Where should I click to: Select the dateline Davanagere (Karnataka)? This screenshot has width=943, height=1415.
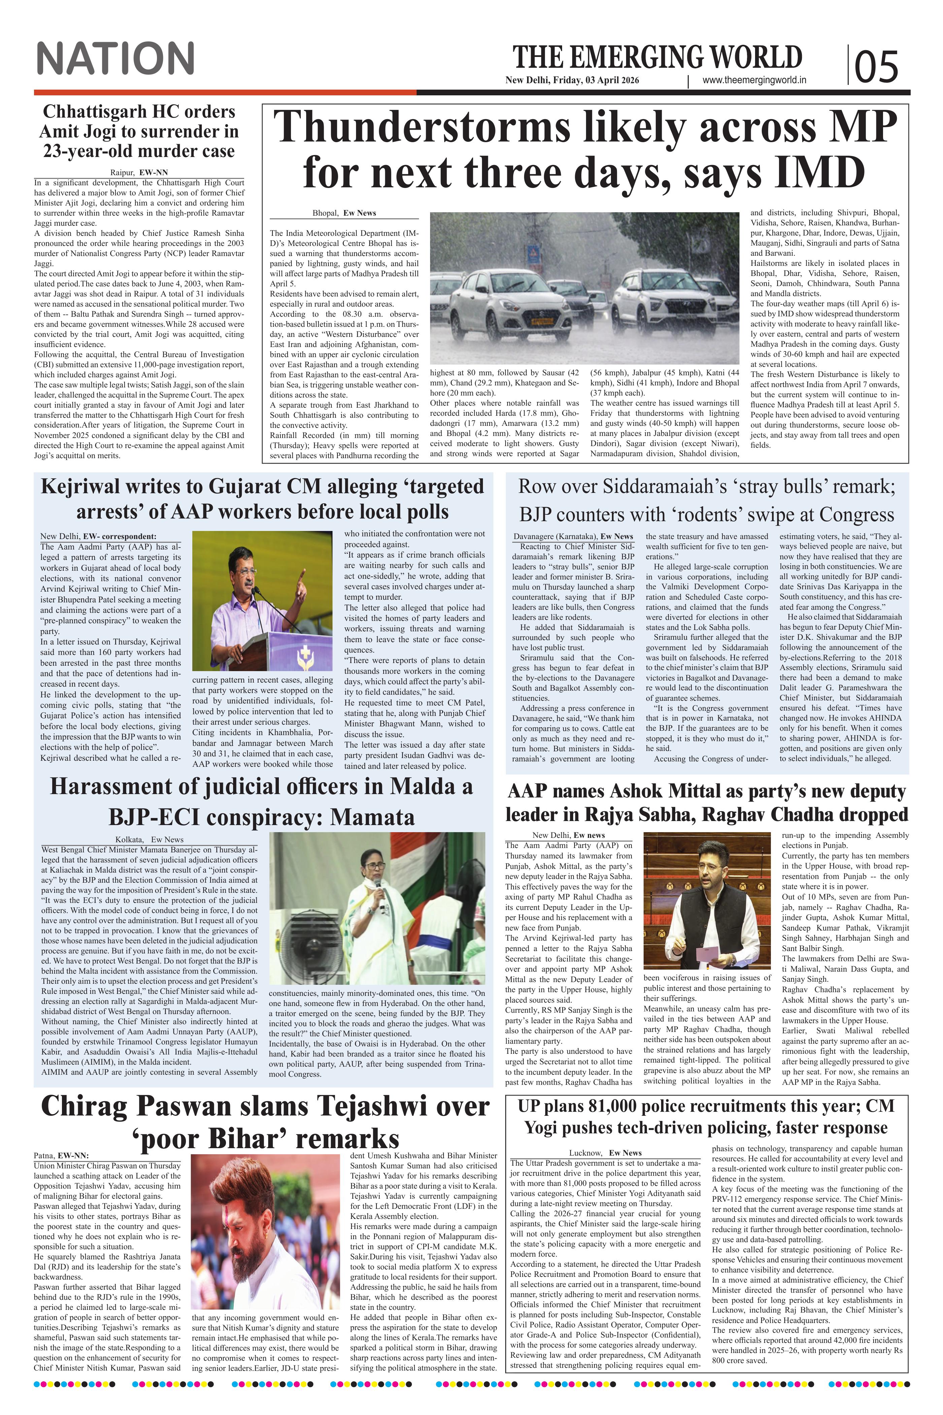554,536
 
